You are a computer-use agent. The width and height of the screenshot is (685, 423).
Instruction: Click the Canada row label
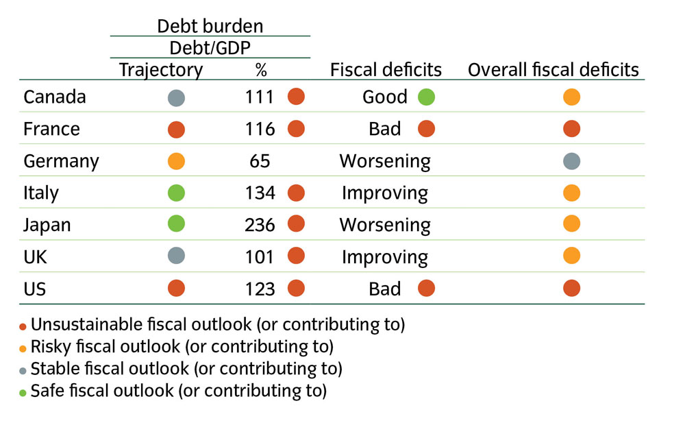(x=55, y=97)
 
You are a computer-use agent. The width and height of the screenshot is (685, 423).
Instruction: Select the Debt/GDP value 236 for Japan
(x=260, y=225)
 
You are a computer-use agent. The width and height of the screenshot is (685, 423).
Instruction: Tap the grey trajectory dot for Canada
(x=176, y=97)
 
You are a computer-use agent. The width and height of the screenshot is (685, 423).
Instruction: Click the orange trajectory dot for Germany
(x=176, y=161)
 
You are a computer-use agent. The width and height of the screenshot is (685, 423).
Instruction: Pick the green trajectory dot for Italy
(x=176, y=193)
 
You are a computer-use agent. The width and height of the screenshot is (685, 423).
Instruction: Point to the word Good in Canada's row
(x=385, y=97)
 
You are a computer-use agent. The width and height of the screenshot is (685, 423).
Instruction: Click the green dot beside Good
(x=426, y=97)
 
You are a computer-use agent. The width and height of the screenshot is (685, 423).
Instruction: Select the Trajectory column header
(x=161, y=69)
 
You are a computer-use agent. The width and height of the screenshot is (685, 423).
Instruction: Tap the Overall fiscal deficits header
(x=553, y=69)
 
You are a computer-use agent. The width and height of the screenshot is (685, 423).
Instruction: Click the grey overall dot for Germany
(x=571, y=161)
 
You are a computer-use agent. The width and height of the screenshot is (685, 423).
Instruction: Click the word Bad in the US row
(x=384, y=289)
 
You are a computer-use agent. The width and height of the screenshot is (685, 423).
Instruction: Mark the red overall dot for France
(x=571, y=129)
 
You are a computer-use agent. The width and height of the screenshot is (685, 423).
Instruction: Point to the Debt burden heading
(x=210, y=26)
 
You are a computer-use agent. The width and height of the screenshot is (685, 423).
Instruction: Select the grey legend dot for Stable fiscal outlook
(x=23, y=370)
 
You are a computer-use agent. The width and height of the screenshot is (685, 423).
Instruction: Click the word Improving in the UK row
(x=384, y=257)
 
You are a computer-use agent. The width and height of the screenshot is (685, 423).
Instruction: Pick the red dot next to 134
(x=296, y=193)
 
